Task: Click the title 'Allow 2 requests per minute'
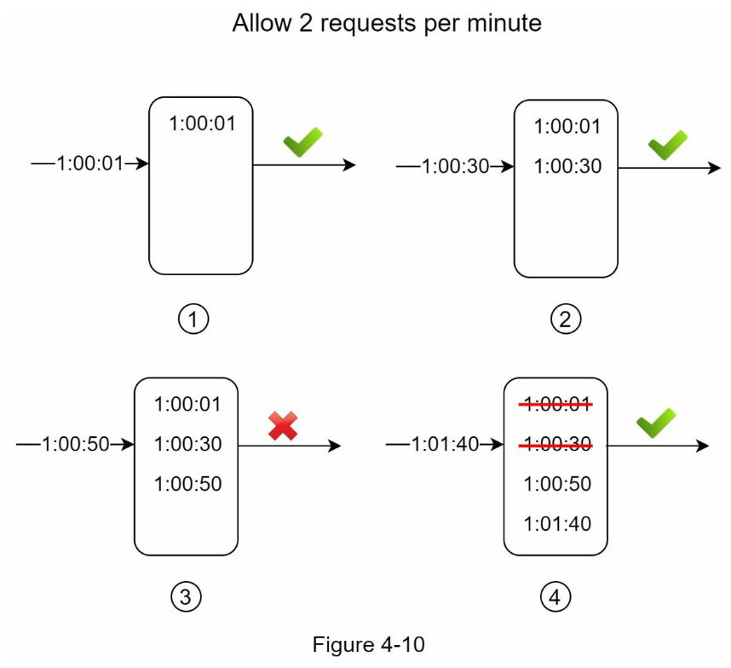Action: pos(387,23)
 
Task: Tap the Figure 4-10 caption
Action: pos(368,645)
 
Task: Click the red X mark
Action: pos(283,426)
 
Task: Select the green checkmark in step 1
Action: pos(303,141)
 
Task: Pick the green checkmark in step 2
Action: pos(668,145)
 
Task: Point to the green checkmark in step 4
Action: pos(656,423)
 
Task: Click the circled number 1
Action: pos(193,320)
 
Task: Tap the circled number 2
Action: pos(566,320)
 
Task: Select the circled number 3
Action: pos(186,596)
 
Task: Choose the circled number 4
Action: pos(555,596)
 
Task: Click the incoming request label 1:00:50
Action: pos(76,444)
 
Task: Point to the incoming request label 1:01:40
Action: pos(445,444)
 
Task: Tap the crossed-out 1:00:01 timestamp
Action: pos(556,404)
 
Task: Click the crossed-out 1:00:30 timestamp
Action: pos(556,444)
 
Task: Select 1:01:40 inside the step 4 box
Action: pos(557,524)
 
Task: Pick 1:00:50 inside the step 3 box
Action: pos(188,484)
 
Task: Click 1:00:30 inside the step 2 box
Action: pos(567,166)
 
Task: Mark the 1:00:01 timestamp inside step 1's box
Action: pos(202,124)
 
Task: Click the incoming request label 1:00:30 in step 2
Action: pos(456,166)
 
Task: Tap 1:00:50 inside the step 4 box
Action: pos(557,484)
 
